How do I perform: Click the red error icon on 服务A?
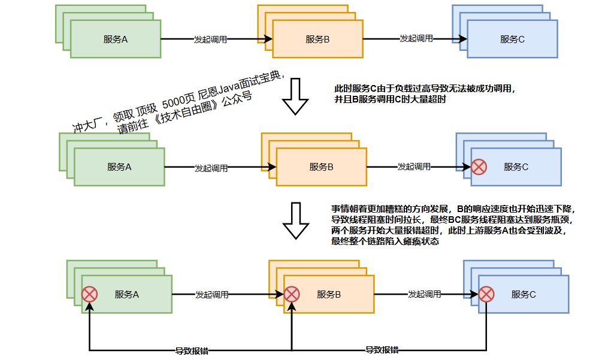point(89,294)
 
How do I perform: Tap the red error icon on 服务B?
point(292,294)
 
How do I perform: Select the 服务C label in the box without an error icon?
point(512,40)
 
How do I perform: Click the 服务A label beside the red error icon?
point(127,295)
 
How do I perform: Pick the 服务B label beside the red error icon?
point(329,295)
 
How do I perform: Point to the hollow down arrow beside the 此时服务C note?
point(294,97)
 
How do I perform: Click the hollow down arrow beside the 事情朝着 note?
point(294,221)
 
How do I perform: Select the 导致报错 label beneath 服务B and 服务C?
point(382,350)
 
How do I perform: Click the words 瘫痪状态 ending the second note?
point(422,242)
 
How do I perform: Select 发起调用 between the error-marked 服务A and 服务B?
point(211,295)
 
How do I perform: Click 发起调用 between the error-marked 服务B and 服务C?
point(425,295)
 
